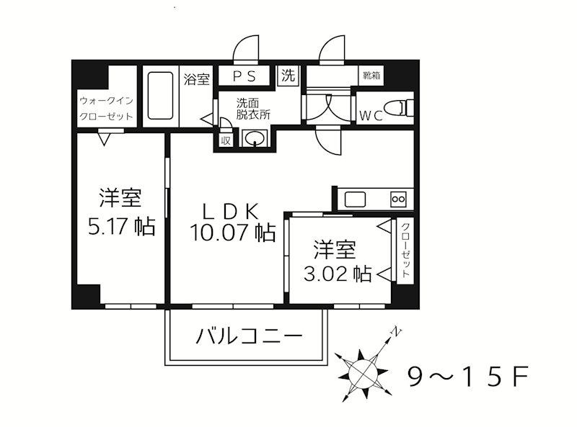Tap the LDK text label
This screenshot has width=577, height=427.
(229, 211)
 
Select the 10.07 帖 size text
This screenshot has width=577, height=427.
(232, 233)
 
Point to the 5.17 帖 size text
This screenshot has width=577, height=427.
(120, 227)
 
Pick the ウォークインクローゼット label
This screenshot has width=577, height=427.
(105, 108)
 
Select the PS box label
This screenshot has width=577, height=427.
(242, 76)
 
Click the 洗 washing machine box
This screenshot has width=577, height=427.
(288, 76)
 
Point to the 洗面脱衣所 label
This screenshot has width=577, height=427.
(253, 107)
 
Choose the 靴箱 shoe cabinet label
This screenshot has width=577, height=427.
(372, 76)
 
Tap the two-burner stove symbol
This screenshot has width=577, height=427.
(399, 199)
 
